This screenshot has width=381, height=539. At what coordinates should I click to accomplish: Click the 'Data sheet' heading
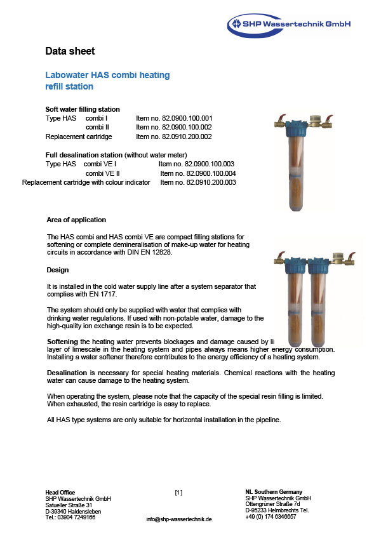[70, 51]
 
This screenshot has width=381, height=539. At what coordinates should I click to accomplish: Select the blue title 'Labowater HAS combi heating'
[108, 75]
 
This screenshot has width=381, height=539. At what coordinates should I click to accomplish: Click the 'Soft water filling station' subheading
[83, 109]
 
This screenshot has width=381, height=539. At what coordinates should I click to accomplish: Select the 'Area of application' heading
[76, 220]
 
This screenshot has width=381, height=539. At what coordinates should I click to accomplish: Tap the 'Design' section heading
[58, 270]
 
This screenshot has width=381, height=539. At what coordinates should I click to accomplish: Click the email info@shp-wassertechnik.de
[179, 519]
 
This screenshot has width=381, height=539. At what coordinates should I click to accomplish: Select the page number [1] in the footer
[178, 493]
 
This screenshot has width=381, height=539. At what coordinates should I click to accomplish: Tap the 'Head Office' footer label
[60, 493]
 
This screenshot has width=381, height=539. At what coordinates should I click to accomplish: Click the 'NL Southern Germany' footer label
[273, 492]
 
